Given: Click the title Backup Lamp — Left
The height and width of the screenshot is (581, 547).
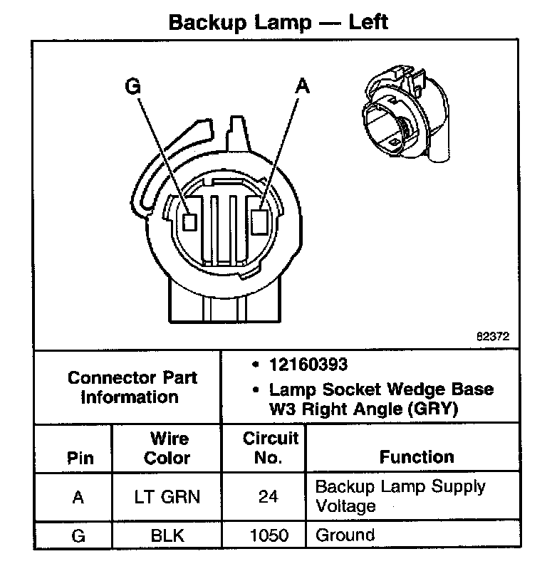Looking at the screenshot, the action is click(x=278, y=22).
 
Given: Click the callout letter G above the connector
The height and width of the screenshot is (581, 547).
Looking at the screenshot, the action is click(x=132, y=86).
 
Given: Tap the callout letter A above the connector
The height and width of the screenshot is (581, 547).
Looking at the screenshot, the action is click(x=302, y=86).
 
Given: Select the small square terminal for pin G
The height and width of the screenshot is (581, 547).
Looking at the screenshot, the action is click(x=189, y=221).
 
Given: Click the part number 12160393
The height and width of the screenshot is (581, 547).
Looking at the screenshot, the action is click(x=308, y=365).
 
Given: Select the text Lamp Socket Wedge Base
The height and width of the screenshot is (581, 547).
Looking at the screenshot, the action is click(x=381, y=390).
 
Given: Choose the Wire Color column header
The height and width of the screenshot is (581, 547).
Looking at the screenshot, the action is click(x=168, y=448).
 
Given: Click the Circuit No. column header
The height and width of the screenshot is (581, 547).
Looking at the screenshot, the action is click(x=270, y=448).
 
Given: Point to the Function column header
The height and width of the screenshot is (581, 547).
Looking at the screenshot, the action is click(x=416, y=456).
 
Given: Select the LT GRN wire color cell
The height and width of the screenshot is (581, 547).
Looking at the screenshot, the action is click(x=167, y=497).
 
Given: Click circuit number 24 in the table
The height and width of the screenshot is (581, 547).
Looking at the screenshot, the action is click(x=268, y=497).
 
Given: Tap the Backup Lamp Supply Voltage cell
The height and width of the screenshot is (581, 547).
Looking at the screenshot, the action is click(x=400, y=496).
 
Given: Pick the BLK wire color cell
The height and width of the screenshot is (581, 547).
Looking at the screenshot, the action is click(x=167, y=535).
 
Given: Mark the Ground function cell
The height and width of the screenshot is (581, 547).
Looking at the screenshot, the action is click(x=345, y=535).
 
